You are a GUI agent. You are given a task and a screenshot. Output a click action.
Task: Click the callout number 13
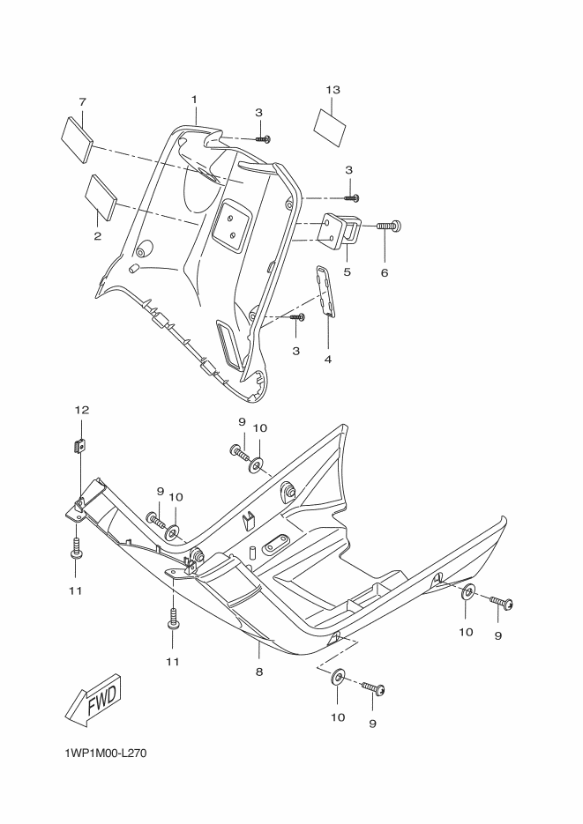pyautogui.click(x=332, y=91)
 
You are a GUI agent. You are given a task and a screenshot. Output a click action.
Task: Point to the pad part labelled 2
pyautogui.click(x=103, y=197)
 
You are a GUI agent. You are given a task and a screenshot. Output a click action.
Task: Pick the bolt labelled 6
pyautogui.click(x=389, y=226)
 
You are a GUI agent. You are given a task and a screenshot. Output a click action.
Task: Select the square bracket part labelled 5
pyautogui.click(x=341, y=231)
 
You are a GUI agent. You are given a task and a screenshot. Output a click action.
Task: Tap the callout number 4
pyautogui.click(x=327, y=360)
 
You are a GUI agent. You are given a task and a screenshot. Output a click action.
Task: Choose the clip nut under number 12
pyautogui.click(x=79, y=446)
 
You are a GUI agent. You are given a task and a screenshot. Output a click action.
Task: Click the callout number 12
pyautogui.click(x=81, y=411)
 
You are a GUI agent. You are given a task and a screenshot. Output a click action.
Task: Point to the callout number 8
pyautogui.click(x=259, y=672)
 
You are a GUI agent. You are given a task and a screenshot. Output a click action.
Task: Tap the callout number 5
pyautogui.click(x=347, y=272)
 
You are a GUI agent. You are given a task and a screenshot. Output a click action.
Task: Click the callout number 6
pyautogui.click(x=385, y=273)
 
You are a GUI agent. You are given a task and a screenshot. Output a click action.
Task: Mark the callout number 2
pyautogui.click(x=97, y=235)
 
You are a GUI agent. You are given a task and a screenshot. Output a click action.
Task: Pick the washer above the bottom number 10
pyautogui.click(x=338, y=679)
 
